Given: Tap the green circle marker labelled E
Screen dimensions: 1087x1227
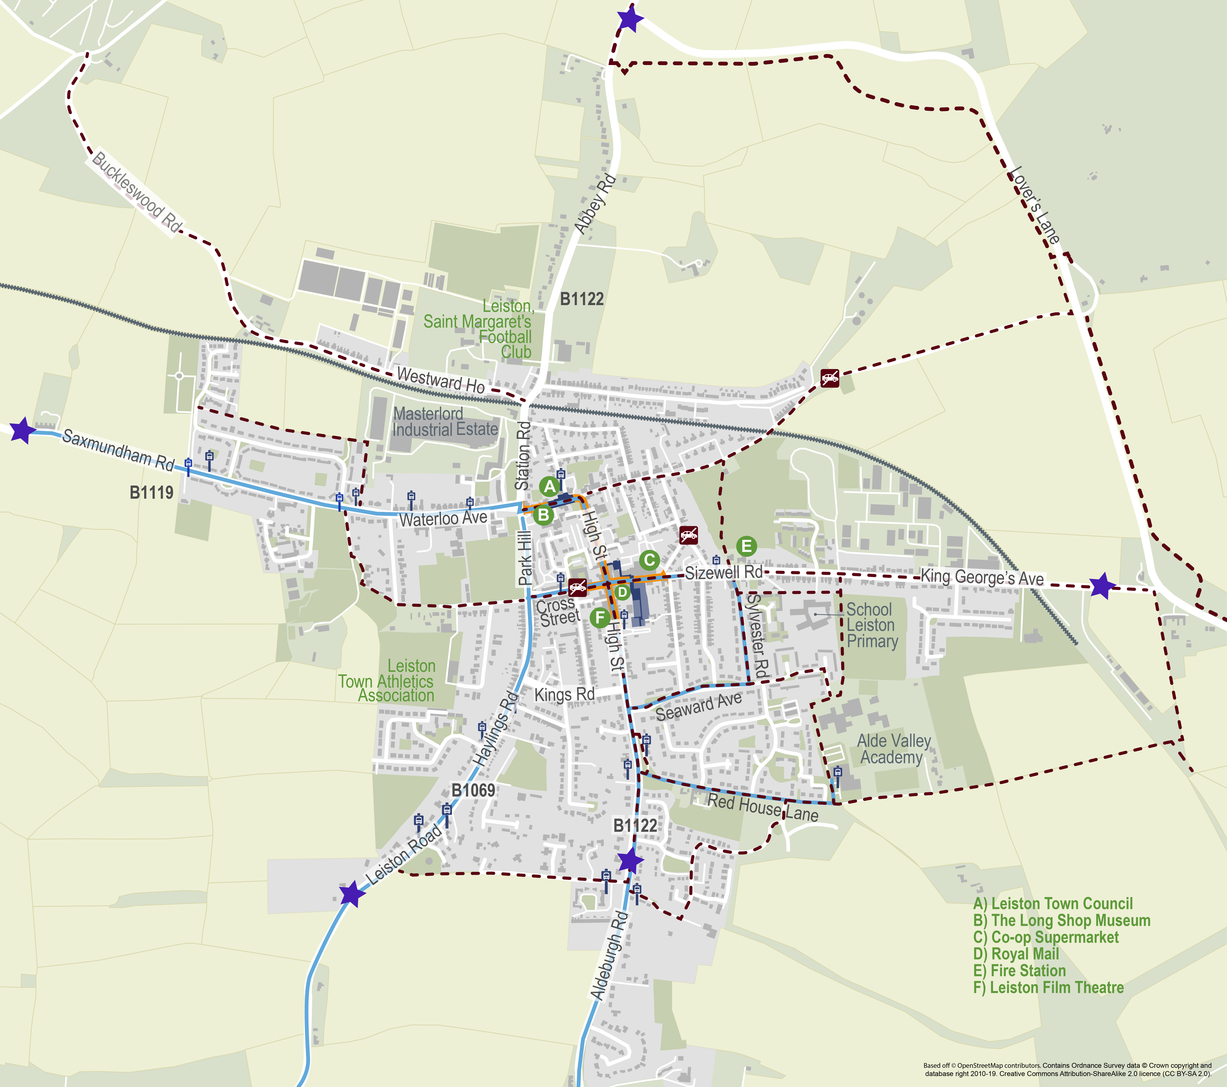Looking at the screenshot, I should (x=746, y=546).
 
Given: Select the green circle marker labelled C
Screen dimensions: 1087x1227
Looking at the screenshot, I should (x=649, y=560).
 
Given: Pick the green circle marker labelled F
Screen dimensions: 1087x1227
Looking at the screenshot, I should (x=600, y=617).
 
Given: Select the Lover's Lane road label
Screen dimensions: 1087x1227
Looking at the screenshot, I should (x=1035, y=205).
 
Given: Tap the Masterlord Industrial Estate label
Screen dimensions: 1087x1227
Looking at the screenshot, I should (x=445, y=422).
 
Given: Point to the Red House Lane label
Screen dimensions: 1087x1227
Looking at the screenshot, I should (x=762, y=807).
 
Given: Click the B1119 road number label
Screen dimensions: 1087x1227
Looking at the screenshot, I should (x=151, y=493).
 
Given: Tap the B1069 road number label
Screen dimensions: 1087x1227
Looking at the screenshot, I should (x=473, y=790).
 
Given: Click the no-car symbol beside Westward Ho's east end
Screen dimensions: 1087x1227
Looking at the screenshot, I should (x=830, y=378).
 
